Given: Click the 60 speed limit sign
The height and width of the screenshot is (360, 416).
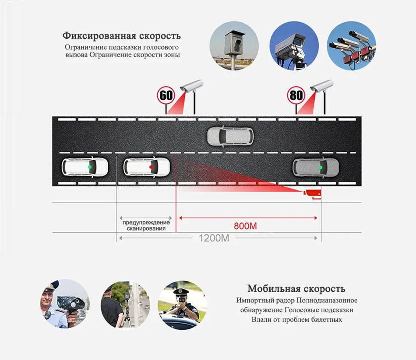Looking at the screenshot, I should (166, 95).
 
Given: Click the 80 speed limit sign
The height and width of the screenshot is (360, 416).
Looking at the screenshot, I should (296, 95).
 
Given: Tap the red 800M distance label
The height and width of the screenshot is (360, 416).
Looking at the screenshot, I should (245, 226).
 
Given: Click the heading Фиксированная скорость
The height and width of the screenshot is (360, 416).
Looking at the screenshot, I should (121, 35).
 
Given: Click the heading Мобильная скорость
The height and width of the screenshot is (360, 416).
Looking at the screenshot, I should (296, 289).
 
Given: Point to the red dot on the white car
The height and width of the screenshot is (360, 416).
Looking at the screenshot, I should (151, 167).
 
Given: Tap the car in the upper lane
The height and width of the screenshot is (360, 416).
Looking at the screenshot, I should (230, 136).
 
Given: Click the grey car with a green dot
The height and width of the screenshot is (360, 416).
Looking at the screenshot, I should (315, 167).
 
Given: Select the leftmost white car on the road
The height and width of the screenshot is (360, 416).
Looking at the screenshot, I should (85, 167).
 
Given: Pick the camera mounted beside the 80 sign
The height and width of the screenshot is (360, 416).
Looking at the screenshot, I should (321, 86).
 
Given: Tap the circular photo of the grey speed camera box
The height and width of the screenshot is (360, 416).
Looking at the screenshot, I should (232, 46).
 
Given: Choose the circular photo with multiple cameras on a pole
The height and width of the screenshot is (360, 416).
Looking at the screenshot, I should (351, 46).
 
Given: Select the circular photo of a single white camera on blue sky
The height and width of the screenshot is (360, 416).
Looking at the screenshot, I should (292, 46).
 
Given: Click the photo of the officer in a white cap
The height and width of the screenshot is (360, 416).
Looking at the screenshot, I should (66, 304).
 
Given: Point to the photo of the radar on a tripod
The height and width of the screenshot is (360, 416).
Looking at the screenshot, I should (125, 304).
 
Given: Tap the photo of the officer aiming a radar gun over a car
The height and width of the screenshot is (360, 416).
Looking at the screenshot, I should (182, 304).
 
